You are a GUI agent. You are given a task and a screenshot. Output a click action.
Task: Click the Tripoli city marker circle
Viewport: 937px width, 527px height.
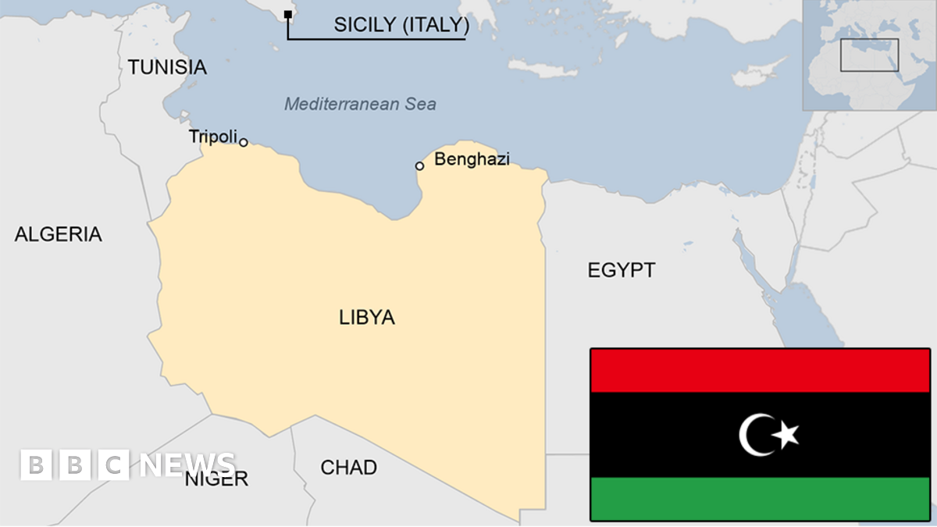point(244,142)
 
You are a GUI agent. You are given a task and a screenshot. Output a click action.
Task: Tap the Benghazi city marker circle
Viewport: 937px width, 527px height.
point(419,166)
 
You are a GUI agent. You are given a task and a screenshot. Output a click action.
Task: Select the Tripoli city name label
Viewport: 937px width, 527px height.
point(212,137)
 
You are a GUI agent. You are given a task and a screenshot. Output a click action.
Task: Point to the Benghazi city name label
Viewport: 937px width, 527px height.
point(472,159)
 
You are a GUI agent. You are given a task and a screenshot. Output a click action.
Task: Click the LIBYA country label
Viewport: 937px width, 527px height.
point(367,318)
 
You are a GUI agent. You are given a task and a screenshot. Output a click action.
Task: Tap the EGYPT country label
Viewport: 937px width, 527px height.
point(622,271)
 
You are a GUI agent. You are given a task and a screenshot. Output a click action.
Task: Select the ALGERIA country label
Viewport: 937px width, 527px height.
point(58,234)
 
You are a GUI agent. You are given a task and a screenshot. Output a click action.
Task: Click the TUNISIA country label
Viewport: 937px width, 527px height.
point(167,67)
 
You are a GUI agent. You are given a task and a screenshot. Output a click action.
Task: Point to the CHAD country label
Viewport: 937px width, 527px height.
point(348,468)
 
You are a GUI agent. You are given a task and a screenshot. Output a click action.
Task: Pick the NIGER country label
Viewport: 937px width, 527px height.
point(216,479)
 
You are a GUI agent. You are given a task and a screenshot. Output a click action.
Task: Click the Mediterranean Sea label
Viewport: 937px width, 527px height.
point(360,104)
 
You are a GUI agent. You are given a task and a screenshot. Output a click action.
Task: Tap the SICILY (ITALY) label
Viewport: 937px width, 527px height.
point(401,25)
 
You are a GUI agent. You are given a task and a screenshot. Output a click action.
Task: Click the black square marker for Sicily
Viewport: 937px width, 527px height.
point(288,14)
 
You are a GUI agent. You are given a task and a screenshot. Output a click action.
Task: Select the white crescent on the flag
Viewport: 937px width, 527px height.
point(753,435)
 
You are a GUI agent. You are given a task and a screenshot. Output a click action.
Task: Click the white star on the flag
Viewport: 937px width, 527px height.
point(786,433)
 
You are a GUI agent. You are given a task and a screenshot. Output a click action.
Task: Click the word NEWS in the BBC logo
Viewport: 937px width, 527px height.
point(187,465)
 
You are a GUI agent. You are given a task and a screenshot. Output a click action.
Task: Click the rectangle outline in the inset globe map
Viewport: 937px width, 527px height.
point(869,55)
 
